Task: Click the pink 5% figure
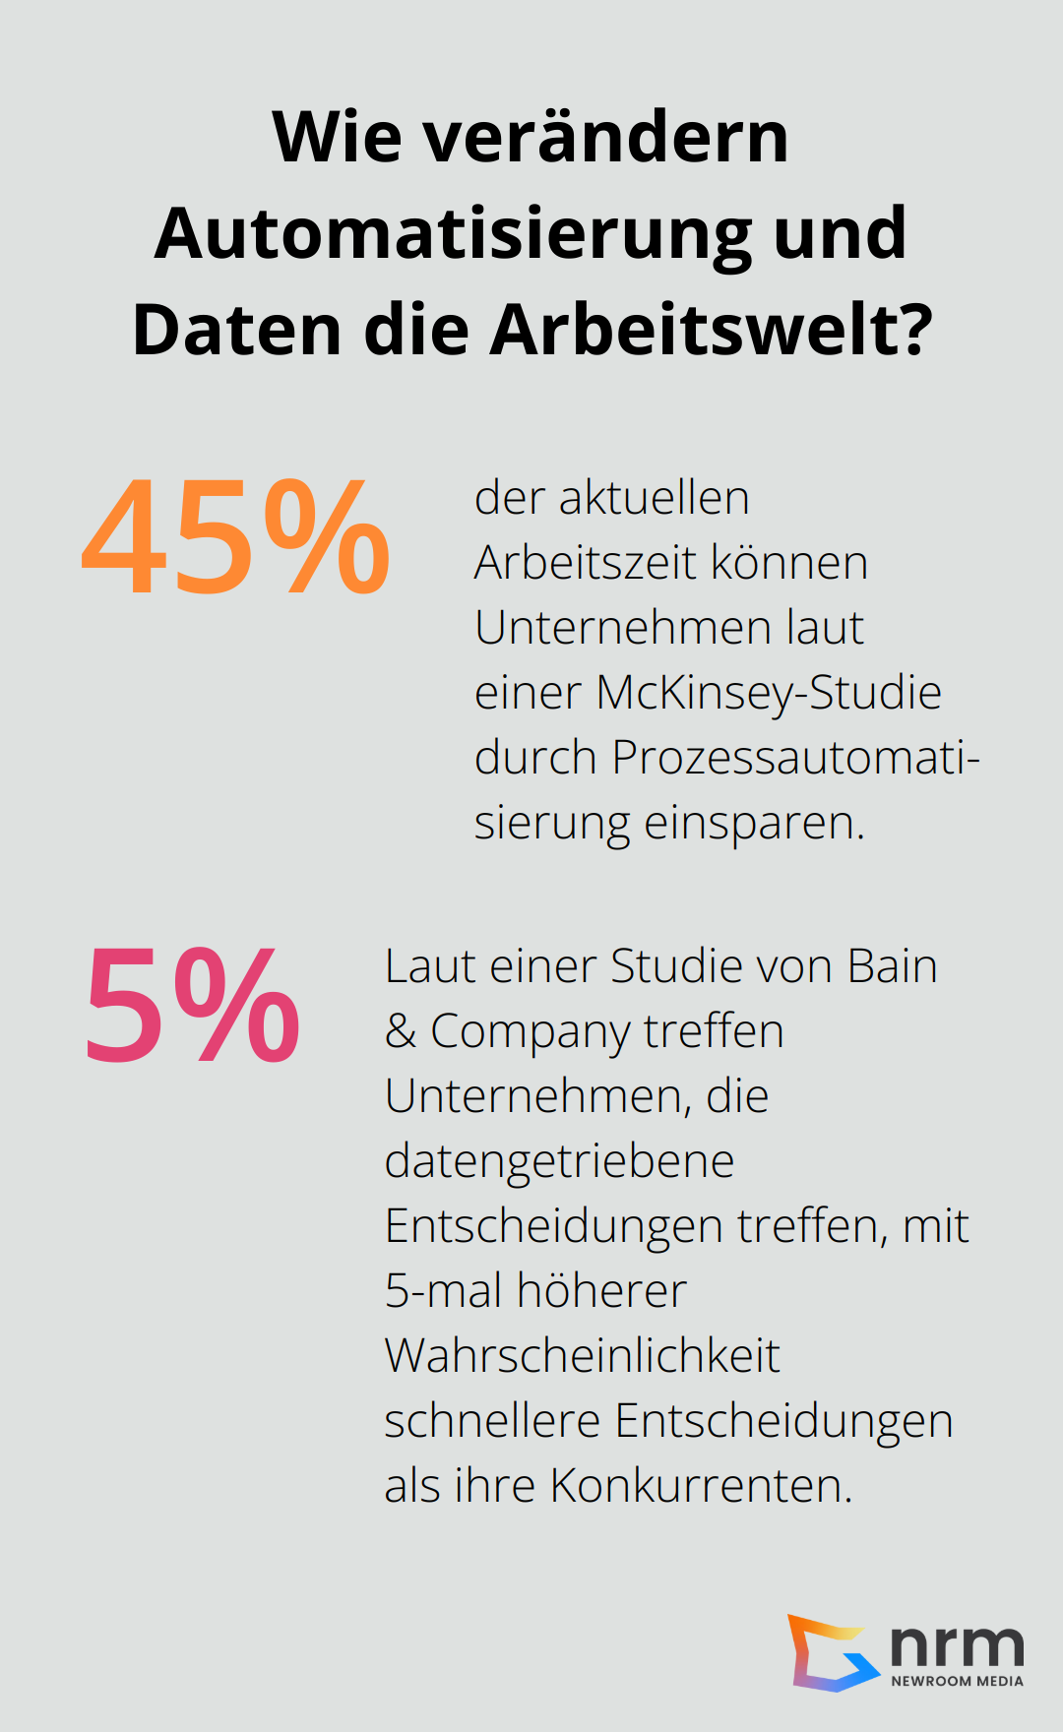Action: point(193,1007)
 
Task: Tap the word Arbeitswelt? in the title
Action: point(711,330)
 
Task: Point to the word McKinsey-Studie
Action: point(768,693)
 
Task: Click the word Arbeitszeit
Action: point(584,563)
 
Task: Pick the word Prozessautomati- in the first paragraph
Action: point(795,758)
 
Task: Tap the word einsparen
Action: point(754,823)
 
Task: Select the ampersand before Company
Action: point(401,1031)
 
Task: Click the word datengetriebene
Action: point(559,1161)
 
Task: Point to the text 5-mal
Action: point(443,1291)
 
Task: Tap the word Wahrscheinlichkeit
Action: point(582,1356)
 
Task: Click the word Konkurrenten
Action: point(700,1486)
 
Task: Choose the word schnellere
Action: point(492,1421)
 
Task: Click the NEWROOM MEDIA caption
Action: point(957,1681)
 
